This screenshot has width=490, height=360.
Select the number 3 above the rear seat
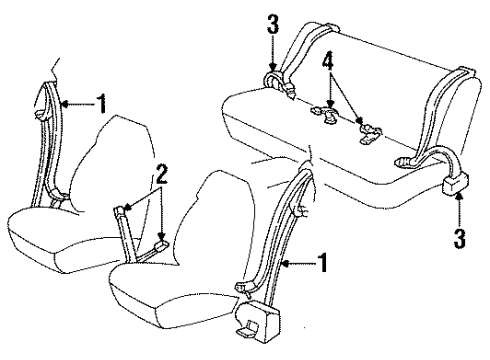point(272,21)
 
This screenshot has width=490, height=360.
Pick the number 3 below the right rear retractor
point(458,237)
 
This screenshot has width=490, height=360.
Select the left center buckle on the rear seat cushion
point(325,112)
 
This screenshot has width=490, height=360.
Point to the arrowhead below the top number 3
point(273,64)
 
